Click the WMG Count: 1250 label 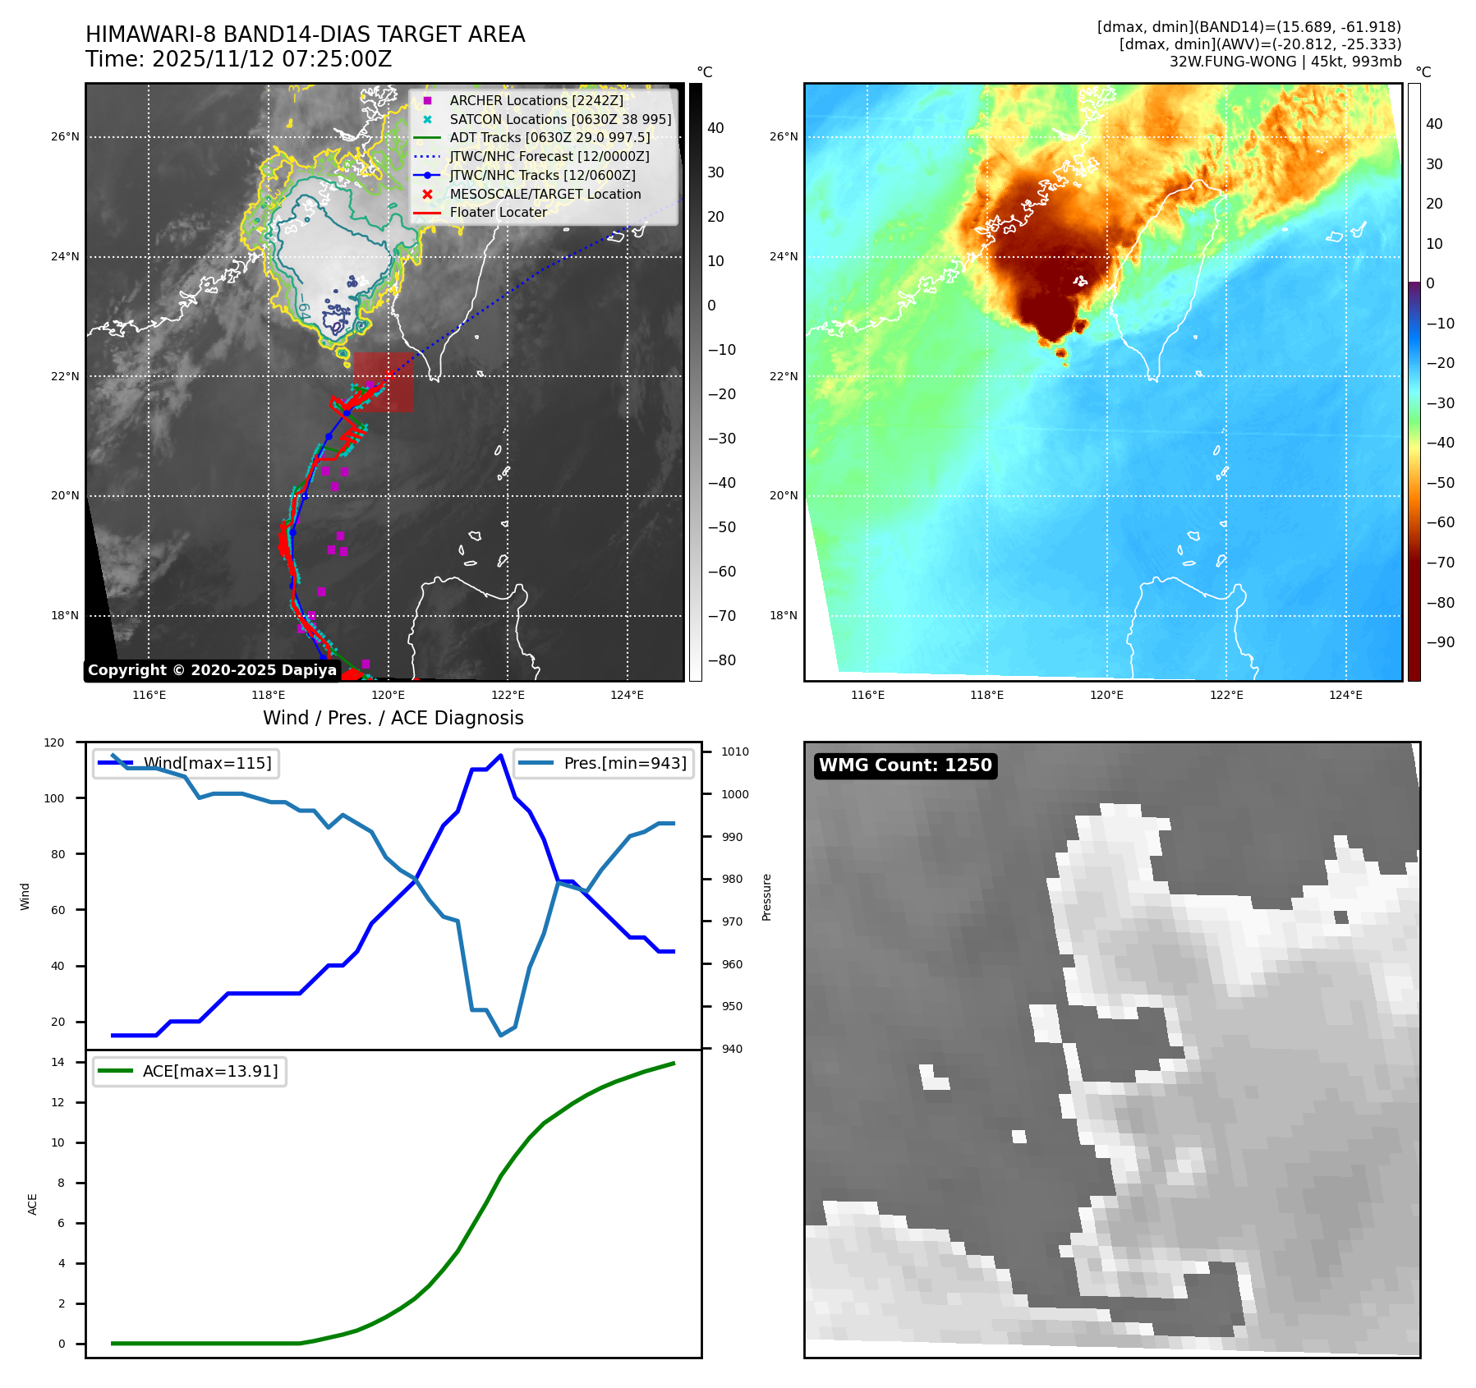(905, 765)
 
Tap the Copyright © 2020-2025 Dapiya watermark (212, 670)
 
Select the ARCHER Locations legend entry (536, 100)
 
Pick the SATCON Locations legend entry (560, 119)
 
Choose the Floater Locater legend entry (498, 212)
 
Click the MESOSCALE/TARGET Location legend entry (545, 194)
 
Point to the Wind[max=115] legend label (207, 763)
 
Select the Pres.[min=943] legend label (625, 763)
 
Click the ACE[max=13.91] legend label (210, 1071)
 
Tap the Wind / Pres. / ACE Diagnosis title (393, 718)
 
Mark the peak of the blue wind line (500, 756)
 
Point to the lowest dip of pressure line (500, 1035)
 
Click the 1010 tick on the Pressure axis (735, 751)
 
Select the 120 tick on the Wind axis (54, 742)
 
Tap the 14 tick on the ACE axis (57, 1062)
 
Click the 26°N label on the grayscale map (65, 137)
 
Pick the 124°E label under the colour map (1345, 695)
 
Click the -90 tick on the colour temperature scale (1440, 642)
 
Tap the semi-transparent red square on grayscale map (384, 382)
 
